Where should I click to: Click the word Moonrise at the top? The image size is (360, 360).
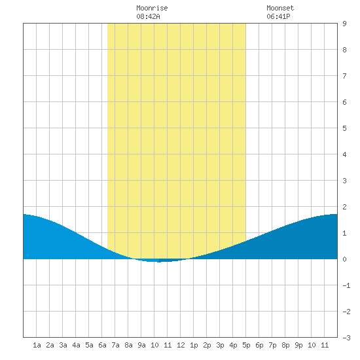pos(152,8)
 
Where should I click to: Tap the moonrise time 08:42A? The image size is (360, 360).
pos(148,16)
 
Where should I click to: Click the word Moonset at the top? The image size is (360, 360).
pos(280,8)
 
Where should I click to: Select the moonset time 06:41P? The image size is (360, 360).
pos(278,16)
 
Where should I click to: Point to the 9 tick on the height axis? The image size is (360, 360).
pos(344,24)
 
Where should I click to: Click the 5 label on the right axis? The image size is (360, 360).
pos(344,128)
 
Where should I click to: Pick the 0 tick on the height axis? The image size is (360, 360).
pos(344,259)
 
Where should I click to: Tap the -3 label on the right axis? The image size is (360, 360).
pos(346,338)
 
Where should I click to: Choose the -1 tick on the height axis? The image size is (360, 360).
pos(346,285)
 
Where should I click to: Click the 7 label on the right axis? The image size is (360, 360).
pos(344,76)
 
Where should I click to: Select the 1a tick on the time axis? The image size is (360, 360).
pos(37,345)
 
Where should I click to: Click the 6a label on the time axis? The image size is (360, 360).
pos(102,345)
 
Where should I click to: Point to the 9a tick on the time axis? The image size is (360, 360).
pos(141,345)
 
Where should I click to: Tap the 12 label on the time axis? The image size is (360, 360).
pos(181,345)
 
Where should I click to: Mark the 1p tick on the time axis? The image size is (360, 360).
pos(194,345)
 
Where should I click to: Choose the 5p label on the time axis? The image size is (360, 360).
pos(246,345)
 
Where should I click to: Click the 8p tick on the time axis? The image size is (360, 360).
pos(285,345)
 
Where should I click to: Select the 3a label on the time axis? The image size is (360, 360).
pos(63,345)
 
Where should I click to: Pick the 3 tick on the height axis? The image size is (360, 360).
pos(344,181)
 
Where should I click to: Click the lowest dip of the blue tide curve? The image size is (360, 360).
pos(159,262)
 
